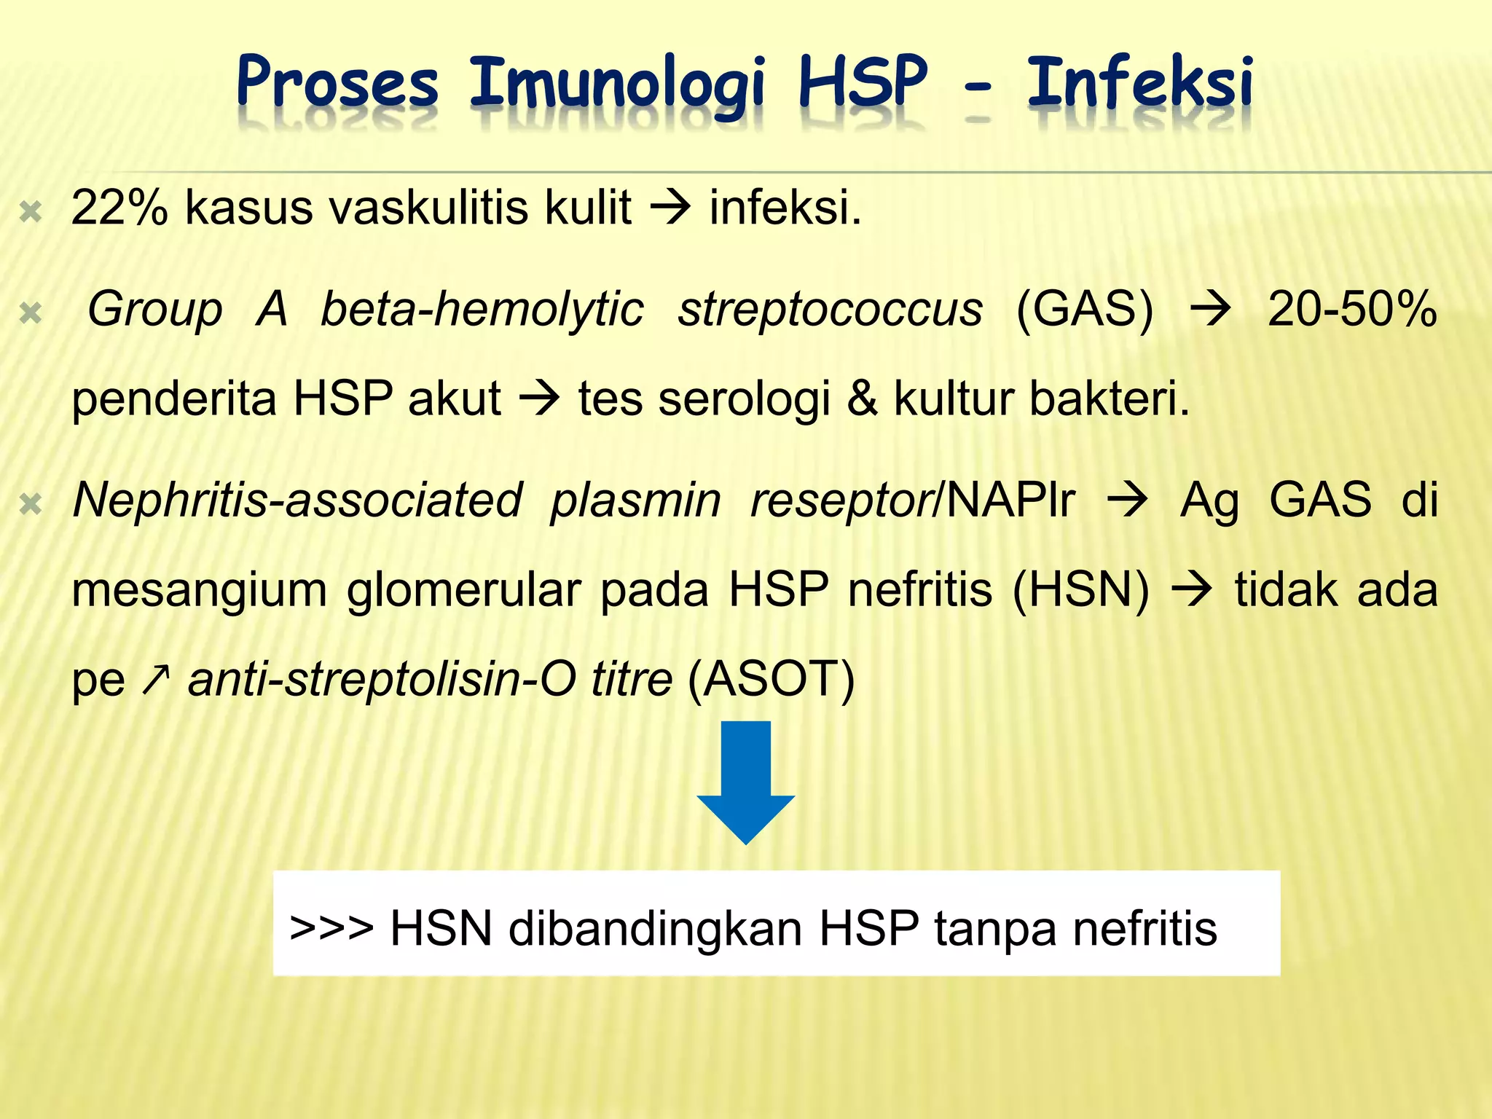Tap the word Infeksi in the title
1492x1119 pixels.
(x=1139, y=84)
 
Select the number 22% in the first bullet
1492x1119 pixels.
(x=119, y=208)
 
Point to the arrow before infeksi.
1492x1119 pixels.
(x=670, y=208)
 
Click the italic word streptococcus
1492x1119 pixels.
(x=831, y=309)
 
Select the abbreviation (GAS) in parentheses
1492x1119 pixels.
(x=1085, y=309)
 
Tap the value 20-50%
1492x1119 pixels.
(x=1352, y=309)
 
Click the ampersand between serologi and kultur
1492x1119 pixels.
(x=862, y=399)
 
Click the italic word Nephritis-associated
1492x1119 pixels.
(x=297, y=500)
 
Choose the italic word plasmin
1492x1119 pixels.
(x=635, y=500)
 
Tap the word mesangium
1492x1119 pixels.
(x=199, y=590)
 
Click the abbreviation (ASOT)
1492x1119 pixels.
(x=771, y=680)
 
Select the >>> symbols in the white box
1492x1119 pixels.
(x=331, y=929)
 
